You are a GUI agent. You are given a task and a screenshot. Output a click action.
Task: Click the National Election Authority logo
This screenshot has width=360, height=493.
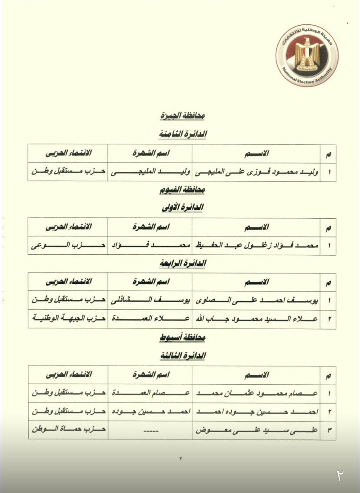307,54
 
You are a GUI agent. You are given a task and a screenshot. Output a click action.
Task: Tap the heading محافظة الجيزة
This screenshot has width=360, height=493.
182,116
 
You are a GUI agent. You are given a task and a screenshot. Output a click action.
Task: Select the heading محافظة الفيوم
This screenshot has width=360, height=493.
182,190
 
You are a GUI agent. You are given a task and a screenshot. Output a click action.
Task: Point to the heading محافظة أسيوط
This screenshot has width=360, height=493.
182,337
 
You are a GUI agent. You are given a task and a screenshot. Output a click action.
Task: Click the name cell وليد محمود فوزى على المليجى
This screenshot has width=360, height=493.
256,172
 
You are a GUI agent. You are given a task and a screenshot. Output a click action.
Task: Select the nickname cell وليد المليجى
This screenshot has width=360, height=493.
150,172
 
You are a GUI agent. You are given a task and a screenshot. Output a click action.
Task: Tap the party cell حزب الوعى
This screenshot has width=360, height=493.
68,245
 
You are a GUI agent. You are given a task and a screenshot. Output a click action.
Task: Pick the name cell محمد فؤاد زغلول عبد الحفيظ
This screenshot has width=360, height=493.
256,245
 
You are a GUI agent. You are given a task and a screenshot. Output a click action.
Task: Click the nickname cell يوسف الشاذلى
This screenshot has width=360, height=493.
150,300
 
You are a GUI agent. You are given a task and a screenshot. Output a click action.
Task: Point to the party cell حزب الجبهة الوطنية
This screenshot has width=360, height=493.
68,319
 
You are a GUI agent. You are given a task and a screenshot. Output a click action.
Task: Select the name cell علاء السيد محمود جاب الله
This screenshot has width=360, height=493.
256,319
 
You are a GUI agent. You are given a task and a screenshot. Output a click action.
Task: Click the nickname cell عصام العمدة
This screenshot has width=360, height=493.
150,393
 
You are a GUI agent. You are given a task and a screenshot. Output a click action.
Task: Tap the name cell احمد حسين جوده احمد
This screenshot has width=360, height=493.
256,411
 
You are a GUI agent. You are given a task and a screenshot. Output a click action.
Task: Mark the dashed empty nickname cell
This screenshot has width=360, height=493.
150,430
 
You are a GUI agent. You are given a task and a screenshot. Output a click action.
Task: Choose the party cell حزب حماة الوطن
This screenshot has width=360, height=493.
68,430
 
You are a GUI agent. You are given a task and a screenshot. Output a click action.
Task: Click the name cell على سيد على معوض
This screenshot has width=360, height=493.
256,430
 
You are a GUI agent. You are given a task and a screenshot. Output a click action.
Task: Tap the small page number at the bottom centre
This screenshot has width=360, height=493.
180,459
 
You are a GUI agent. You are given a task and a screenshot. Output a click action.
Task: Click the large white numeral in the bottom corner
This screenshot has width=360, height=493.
340,475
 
